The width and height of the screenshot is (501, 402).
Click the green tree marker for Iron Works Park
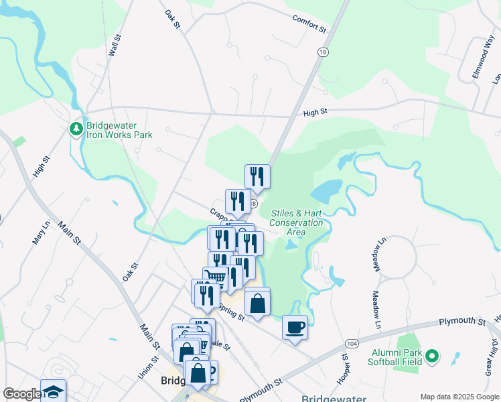tap(77, 127)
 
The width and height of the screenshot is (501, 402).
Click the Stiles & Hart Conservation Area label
tap(296, 222)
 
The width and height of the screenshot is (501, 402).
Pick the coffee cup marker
tap(295, 327)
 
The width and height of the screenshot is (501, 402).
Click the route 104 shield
tap(352, 342)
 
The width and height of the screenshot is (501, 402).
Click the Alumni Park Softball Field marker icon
tap(433, 356)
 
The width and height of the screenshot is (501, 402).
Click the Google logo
tap(22, 395)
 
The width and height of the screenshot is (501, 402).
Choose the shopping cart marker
tap(215, 277)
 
